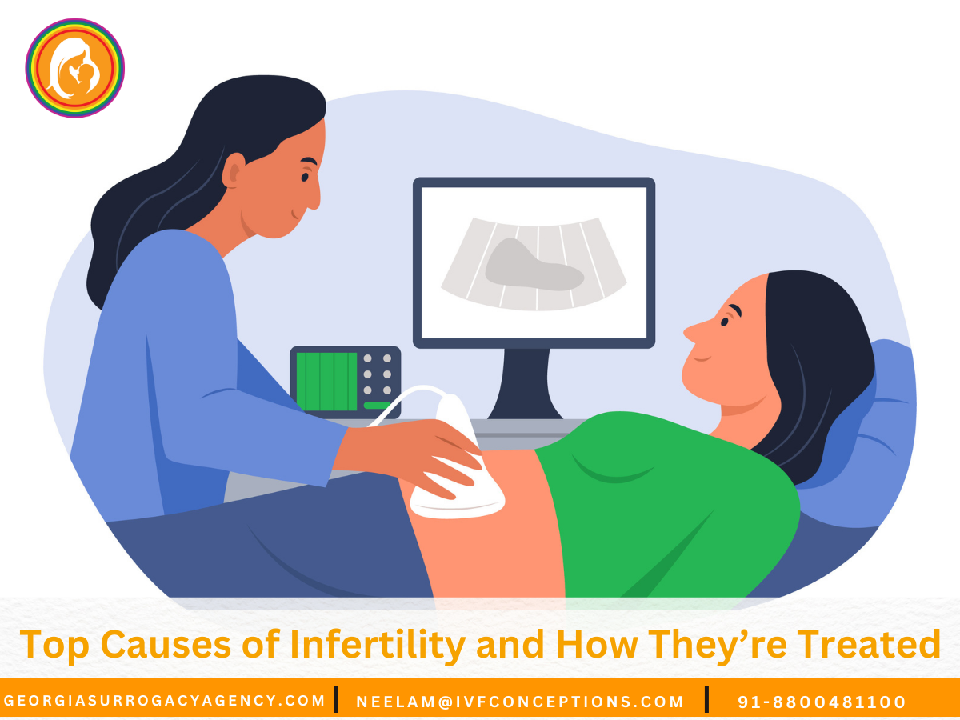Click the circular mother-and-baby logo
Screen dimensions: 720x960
[x=74, y=68]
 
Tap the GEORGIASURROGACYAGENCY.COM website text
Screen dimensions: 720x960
[x=164, y=701]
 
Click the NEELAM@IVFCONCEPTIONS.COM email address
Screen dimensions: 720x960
[x=520, y=702]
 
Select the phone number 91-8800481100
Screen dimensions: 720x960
[x=822, y=702]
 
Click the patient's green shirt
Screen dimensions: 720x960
[x=680, y=496]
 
